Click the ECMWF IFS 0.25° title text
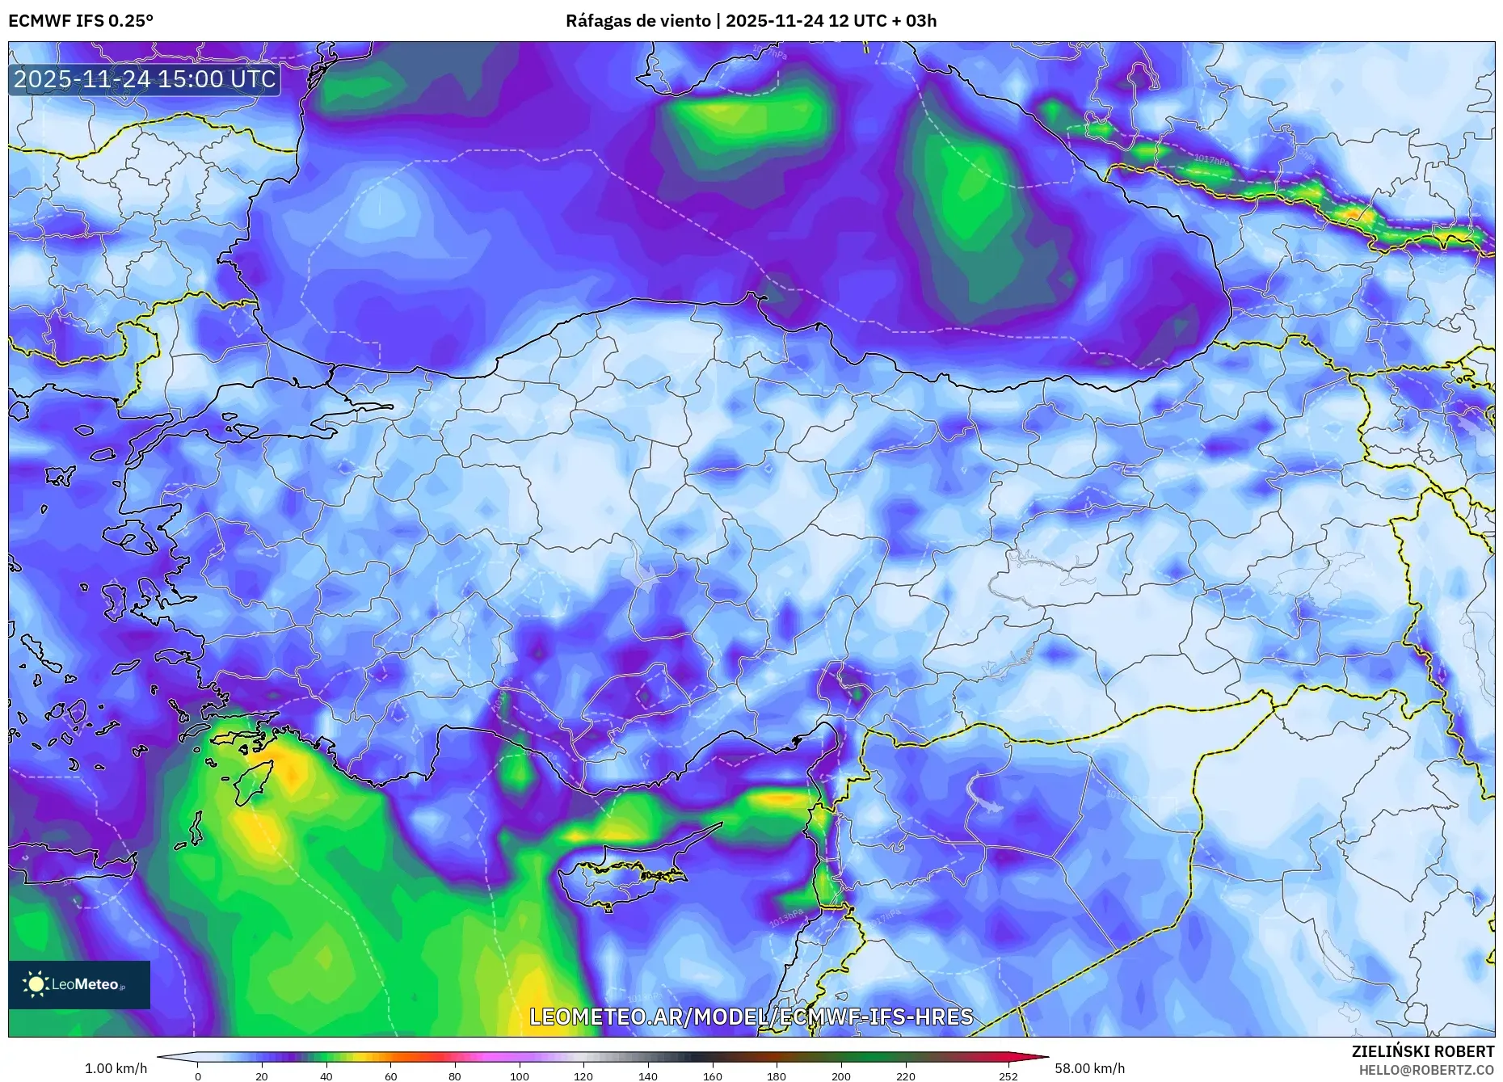80,21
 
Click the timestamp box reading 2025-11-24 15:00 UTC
145,79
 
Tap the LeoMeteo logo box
79,984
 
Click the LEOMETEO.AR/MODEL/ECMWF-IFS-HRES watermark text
751,1017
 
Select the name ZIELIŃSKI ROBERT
1422,1051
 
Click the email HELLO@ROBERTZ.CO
1425,1070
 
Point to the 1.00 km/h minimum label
116,1068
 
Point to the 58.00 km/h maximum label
1089,1068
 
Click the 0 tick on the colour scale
197,1076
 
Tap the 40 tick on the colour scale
326,1076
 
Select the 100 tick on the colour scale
519,1076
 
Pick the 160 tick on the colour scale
712,1076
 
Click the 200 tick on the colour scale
840,1076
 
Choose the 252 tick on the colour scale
1008,1076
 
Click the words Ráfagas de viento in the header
637,21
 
